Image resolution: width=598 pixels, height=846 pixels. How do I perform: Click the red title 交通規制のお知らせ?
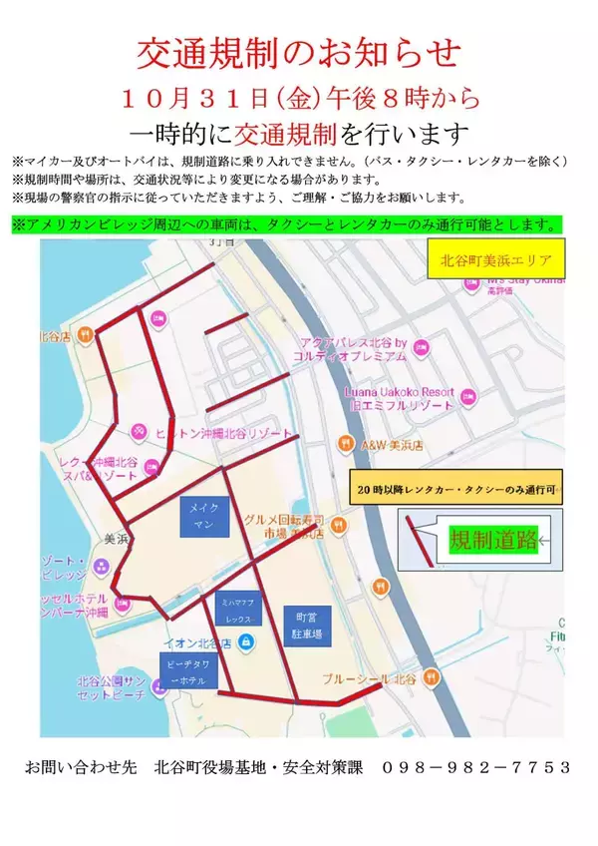click(x=298, y=51)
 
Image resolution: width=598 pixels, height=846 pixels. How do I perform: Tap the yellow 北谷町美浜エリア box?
click(x=494, y=262)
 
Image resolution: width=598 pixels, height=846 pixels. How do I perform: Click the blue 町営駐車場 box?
click(x=300, y=625)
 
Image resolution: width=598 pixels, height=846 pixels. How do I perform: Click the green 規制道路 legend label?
click(x=493, y=541)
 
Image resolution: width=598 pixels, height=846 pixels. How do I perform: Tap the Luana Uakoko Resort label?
click(x=399, y=397)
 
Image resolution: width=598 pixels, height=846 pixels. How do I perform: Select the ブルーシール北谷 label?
click(x=370, y=678)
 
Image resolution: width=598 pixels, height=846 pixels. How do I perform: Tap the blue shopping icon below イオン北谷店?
click(x=246, y=639)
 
